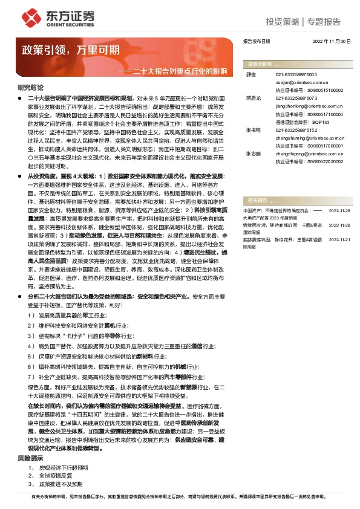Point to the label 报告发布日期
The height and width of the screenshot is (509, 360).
[257, 41]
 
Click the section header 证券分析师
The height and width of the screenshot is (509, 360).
[259, 63]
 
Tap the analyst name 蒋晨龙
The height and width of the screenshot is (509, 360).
[254, 97]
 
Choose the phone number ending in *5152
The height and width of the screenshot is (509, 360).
[292, 130]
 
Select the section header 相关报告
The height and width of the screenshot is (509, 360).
[255, 199]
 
